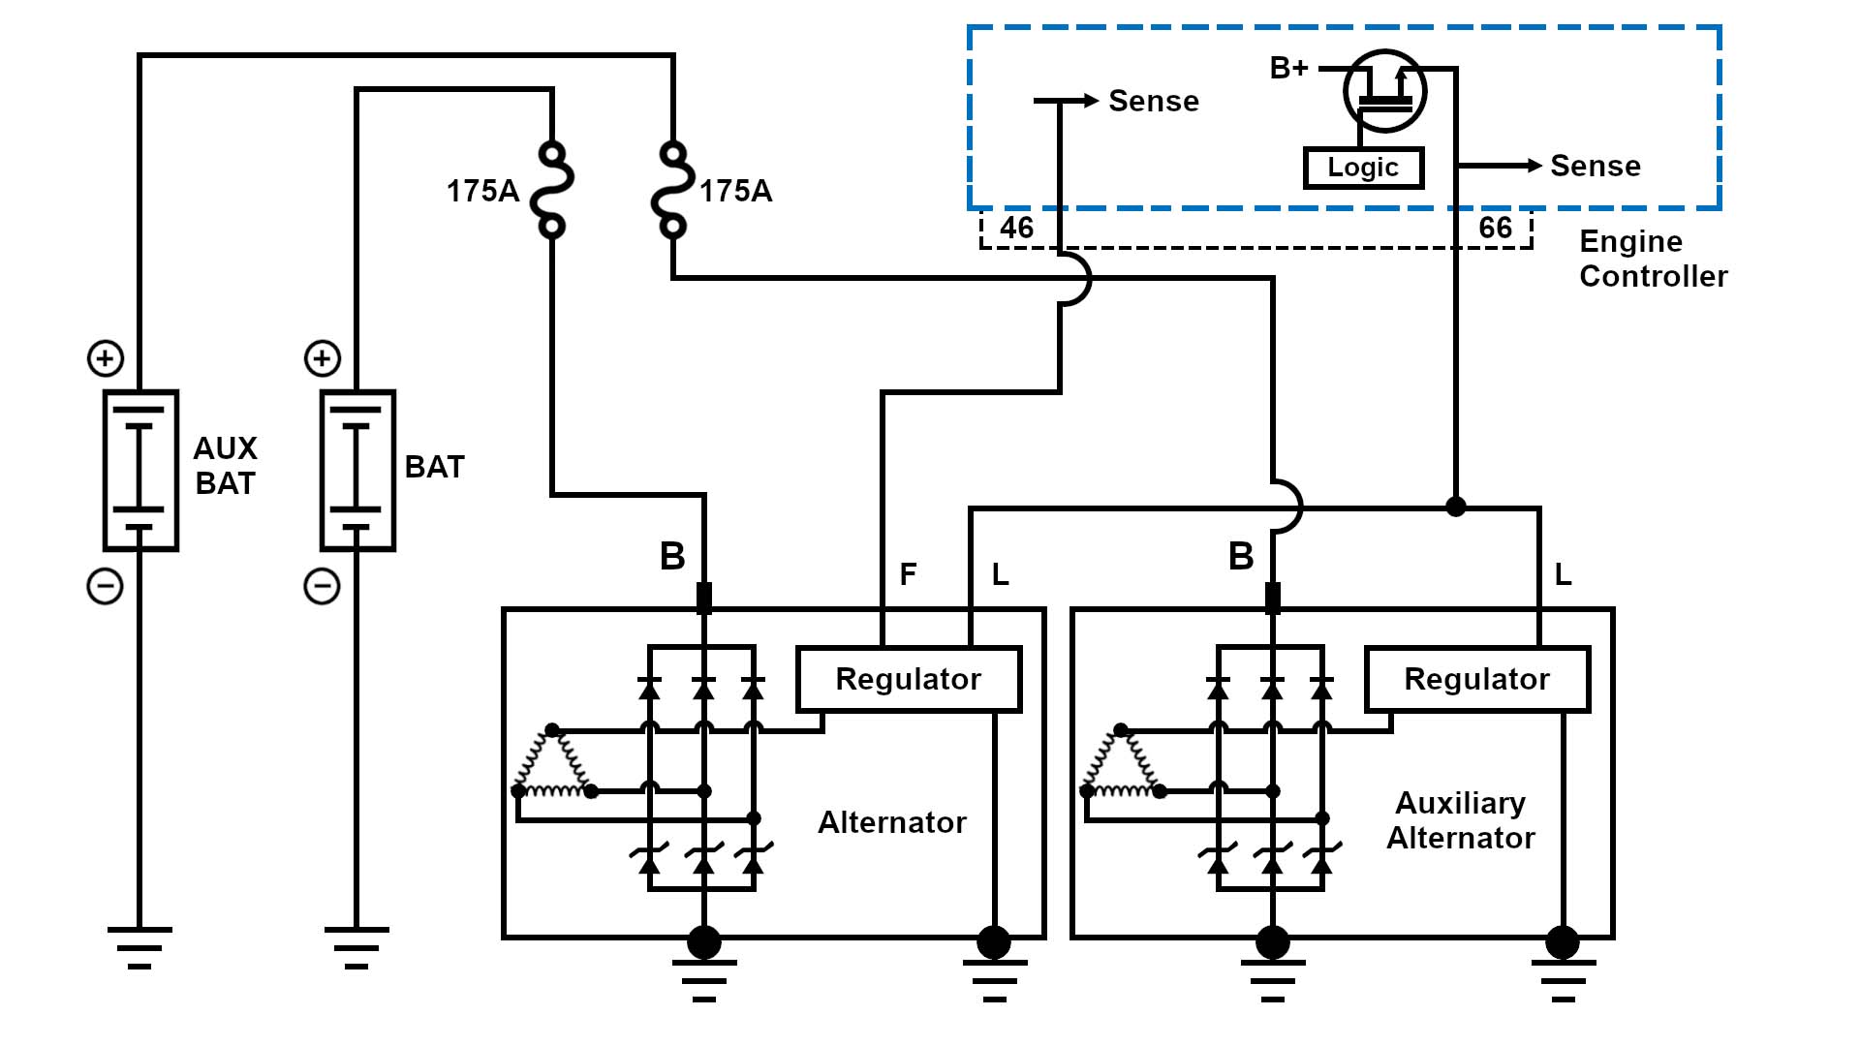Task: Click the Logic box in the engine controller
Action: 1363,168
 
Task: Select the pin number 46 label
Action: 1016,229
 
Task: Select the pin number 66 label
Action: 1495,229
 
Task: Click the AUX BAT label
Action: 225,466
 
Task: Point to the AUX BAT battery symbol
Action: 140,471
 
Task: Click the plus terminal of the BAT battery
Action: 323,358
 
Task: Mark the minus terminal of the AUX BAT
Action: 106,586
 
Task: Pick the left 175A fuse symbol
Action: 552,190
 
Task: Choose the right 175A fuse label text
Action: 735,192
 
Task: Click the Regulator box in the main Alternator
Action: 908,679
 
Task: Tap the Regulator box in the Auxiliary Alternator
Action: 1476,679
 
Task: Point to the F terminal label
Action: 908,574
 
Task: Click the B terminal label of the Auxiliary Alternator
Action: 1241,557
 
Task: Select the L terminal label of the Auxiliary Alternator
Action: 1563,575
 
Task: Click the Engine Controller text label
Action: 1653,259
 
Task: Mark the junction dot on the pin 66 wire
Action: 1455,507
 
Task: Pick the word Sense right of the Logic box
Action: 1595,167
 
